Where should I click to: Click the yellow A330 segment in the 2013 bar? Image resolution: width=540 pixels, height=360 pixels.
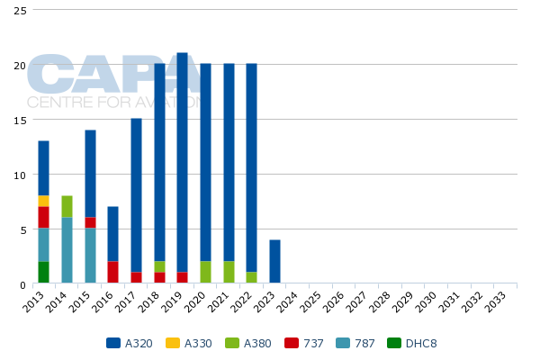click(43, 201)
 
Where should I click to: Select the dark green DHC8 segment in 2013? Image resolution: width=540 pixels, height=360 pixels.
click(43, 273)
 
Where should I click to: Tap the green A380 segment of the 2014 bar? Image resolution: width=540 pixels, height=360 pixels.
click(67, 206)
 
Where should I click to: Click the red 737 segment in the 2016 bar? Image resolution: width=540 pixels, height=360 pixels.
click(112, 273)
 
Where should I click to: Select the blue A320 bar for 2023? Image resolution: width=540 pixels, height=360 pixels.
click(274, 262)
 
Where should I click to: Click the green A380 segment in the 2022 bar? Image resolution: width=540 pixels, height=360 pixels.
click(251, 278)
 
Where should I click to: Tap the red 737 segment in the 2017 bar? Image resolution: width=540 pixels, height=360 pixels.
click(136, 278)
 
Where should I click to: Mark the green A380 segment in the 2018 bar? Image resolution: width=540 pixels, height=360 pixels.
click(159, 267)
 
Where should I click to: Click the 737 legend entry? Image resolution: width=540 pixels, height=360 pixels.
click(301, 343)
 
